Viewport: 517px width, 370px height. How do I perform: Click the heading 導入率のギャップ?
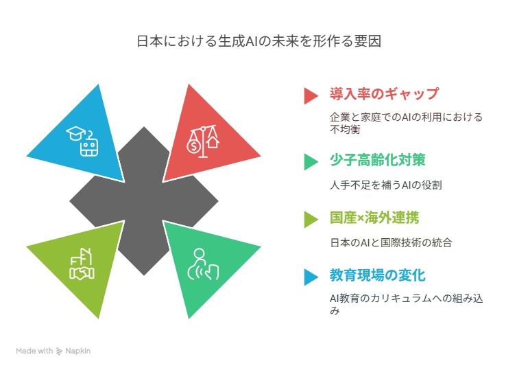384,94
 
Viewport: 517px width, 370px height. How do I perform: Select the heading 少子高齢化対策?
378,160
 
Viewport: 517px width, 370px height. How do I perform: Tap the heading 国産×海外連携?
374,218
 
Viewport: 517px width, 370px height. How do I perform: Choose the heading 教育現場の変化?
378,275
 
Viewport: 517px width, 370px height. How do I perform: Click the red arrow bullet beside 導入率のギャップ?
311,95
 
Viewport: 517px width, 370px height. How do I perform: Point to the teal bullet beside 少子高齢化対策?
311,162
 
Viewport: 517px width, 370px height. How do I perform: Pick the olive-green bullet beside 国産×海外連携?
311,220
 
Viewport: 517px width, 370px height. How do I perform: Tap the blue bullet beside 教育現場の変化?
311,277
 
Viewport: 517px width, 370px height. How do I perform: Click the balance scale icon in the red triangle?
203,141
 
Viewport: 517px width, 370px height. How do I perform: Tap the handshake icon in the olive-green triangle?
82,273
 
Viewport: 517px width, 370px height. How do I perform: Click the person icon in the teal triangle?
203,264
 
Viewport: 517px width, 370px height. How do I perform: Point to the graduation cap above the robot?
75,133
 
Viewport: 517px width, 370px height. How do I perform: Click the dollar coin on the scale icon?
193,146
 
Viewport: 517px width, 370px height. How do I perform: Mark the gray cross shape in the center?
144,200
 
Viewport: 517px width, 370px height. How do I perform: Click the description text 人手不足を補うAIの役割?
386,185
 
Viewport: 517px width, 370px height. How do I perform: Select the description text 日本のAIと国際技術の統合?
391,243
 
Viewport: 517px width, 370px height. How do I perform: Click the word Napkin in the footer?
77,351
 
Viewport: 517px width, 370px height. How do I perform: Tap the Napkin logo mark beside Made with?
59,351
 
